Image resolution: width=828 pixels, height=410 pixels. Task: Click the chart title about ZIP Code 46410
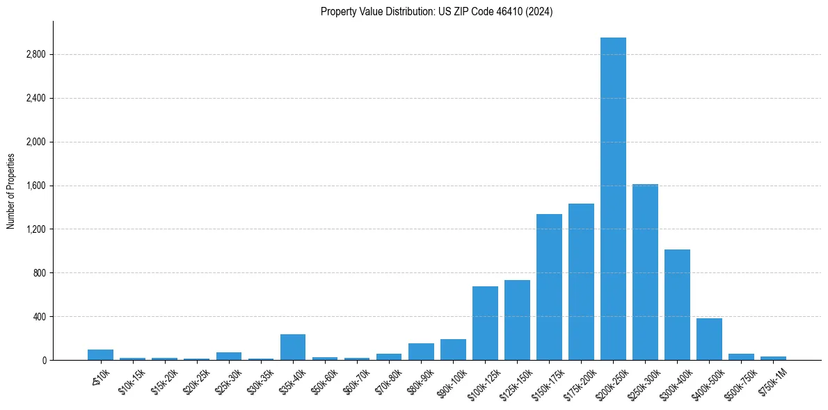436,12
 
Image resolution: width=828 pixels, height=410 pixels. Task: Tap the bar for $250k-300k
645,272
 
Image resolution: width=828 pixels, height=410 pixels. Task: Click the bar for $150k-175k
549,287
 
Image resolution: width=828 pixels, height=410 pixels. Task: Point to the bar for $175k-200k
581,282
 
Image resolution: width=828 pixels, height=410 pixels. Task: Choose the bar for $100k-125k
485,323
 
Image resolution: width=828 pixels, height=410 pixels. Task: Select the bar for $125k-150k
517,320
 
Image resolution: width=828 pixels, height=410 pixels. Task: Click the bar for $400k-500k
709,339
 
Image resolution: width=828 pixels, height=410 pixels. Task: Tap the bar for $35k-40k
293,347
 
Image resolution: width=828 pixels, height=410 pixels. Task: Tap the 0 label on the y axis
43,361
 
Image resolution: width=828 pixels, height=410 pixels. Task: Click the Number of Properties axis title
11,190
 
